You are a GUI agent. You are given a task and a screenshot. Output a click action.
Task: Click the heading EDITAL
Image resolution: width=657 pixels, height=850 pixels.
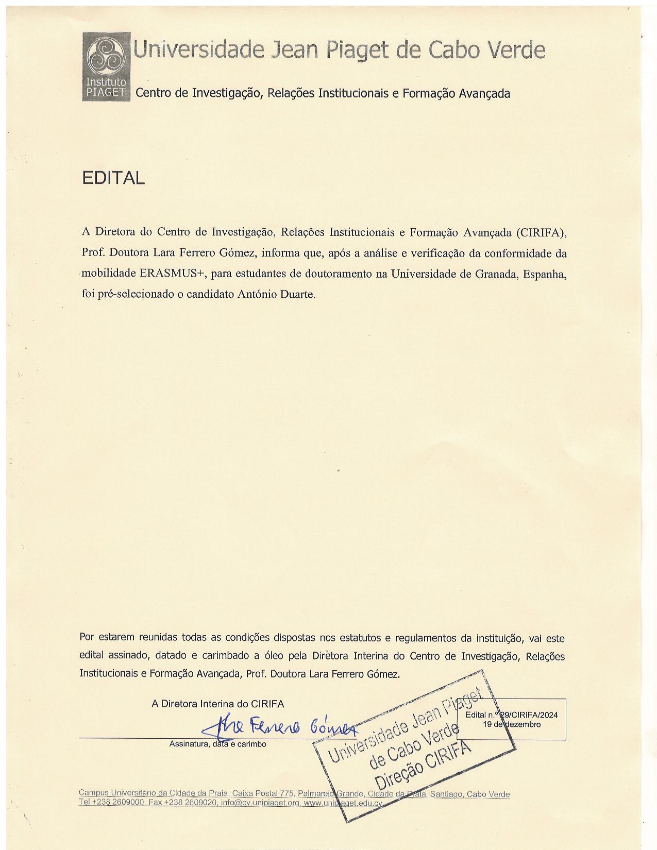point(113,178)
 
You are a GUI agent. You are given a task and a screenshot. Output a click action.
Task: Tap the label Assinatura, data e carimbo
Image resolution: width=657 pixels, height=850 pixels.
point(217,744)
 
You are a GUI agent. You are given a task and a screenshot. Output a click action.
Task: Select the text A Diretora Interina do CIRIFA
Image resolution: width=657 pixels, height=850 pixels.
point(217,704)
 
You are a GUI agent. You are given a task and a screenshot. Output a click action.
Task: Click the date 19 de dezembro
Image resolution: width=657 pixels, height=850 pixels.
point(511,724)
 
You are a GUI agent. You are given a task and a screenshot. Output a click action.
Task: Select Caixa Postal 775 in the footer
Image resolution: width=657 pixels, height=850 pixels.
point(262,794)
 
